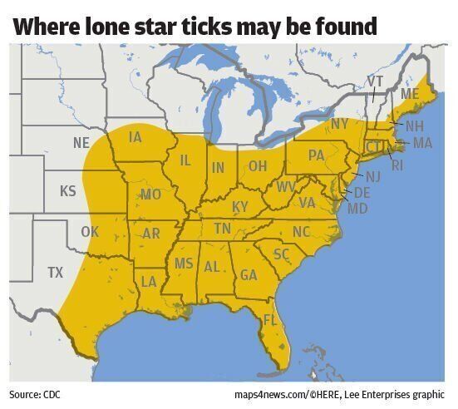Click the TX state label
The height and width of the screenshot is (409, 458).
pos(55,272)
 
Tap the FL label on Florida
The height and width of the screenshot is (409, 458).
pos(270,319)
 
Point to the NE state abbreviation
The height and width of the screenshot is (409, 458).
pos(81,142)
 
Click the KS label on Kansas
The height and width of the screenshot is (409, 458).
pos(68,191)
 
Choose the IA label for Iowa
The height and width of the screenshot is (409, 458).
pos(135,136)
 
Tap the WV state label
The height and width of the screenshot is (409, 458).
pos(286,186)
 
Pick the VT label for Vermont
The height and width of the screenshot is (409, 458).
pos(375,81)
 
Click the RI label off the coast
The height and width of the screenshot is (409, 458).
pos(397,165)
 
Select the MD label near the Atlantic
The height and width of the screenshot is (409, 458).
pos(357,208)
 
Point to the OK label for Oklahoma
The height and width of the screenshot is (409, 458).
pos(90,231)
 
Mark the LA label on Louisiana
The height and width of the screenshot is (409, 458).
pos(149,281)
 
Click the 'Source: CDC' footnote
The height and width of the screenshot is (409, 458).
pos(35,393)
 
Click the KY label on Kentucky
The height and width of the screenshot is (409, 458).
pos(240,206)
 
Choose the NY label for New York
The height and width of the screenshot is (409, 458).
pos(339,124)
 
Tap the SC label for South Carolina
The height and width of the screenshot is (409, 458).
pos(281,253)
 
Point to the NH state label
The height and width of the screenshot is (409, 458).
pos(414,126)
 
